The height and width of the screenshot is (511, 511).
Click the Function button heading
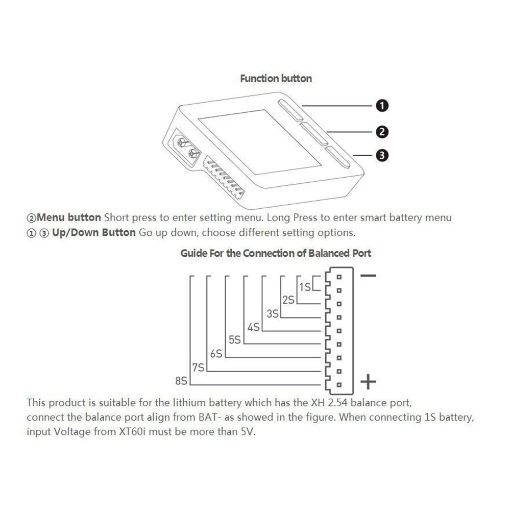coord(276,79)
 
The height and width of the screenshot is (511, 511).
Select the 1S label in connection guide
coord(305,287)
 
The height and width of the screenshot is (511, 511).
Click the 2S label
coord(288,300)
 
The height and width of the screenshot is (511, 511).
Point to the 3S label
coord(272,314)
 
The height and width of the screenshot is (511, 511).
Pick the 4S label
coord(254,327)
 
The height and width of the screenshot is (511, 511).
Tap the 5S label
coord(235,340)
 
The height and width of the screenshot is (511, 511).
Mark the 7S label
coord(198,367)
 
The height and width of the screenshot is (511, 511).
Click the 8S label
coord(181,381)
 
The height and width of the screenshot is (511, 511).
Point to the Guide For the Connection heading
coord(276,253)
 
